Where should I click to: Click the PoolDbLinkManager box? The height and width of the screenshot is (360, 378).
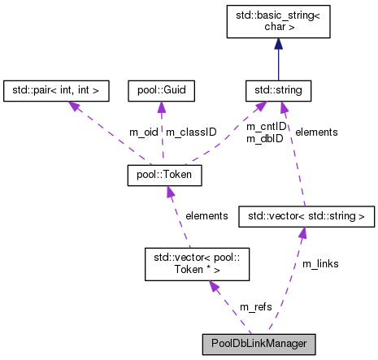tap(258, 343)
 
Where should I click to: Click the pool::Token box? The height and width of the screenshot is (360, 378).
tap(164, 174)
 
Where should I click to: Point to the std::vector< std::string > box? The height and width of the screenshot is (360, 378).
tap(306, 216)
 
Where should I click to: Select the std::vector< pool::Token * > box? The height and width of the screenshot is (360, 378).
tap(193, 262)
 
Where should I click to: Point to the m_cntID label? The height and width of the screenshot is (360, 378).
tap(266, 126)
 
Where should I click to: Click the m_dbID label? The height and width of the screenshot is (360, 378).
tap(266, 137)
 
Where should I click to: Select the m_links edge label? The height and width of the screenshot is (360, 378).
tap(320, 264)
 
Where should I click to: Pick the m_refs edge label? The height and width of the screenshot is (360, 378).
tap(255, 306)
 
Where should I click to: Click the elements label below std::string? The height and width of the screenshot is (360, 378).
tap(316, 132)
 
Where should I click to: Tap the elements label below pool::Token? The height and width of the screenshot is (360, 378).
tap(207, 215)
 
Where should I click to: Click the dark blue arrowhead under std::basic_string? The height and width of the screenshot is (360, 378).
tap(280, 71)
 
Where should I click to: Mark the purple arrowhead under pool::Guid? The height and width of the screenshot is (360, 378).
tap(160, 105)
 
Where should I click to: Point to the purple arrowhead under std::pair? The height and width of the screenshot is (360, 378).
tap(75, 104)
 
